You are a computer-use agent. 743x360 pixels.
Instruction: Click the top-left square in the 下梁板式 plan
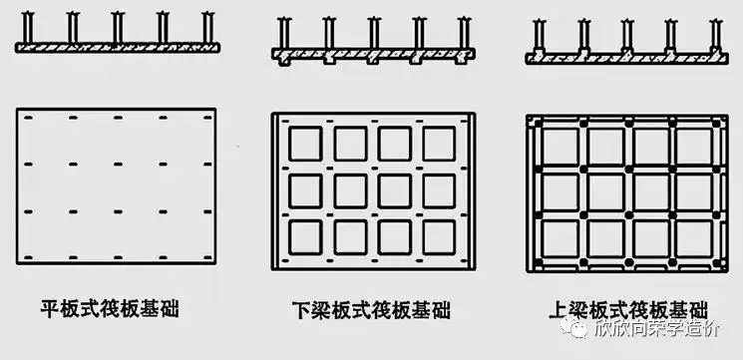304,143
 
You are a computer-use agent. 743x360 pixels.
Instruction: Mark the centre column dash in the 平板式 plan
117,165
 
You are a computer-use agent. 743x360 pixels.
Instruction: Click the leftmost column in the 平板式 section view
26,28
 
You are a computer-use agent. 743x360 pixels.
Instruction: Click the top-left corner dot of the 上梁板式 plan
534,121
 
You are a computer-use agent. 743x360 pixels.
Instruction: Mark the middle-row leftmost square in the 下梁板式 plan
304,189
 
